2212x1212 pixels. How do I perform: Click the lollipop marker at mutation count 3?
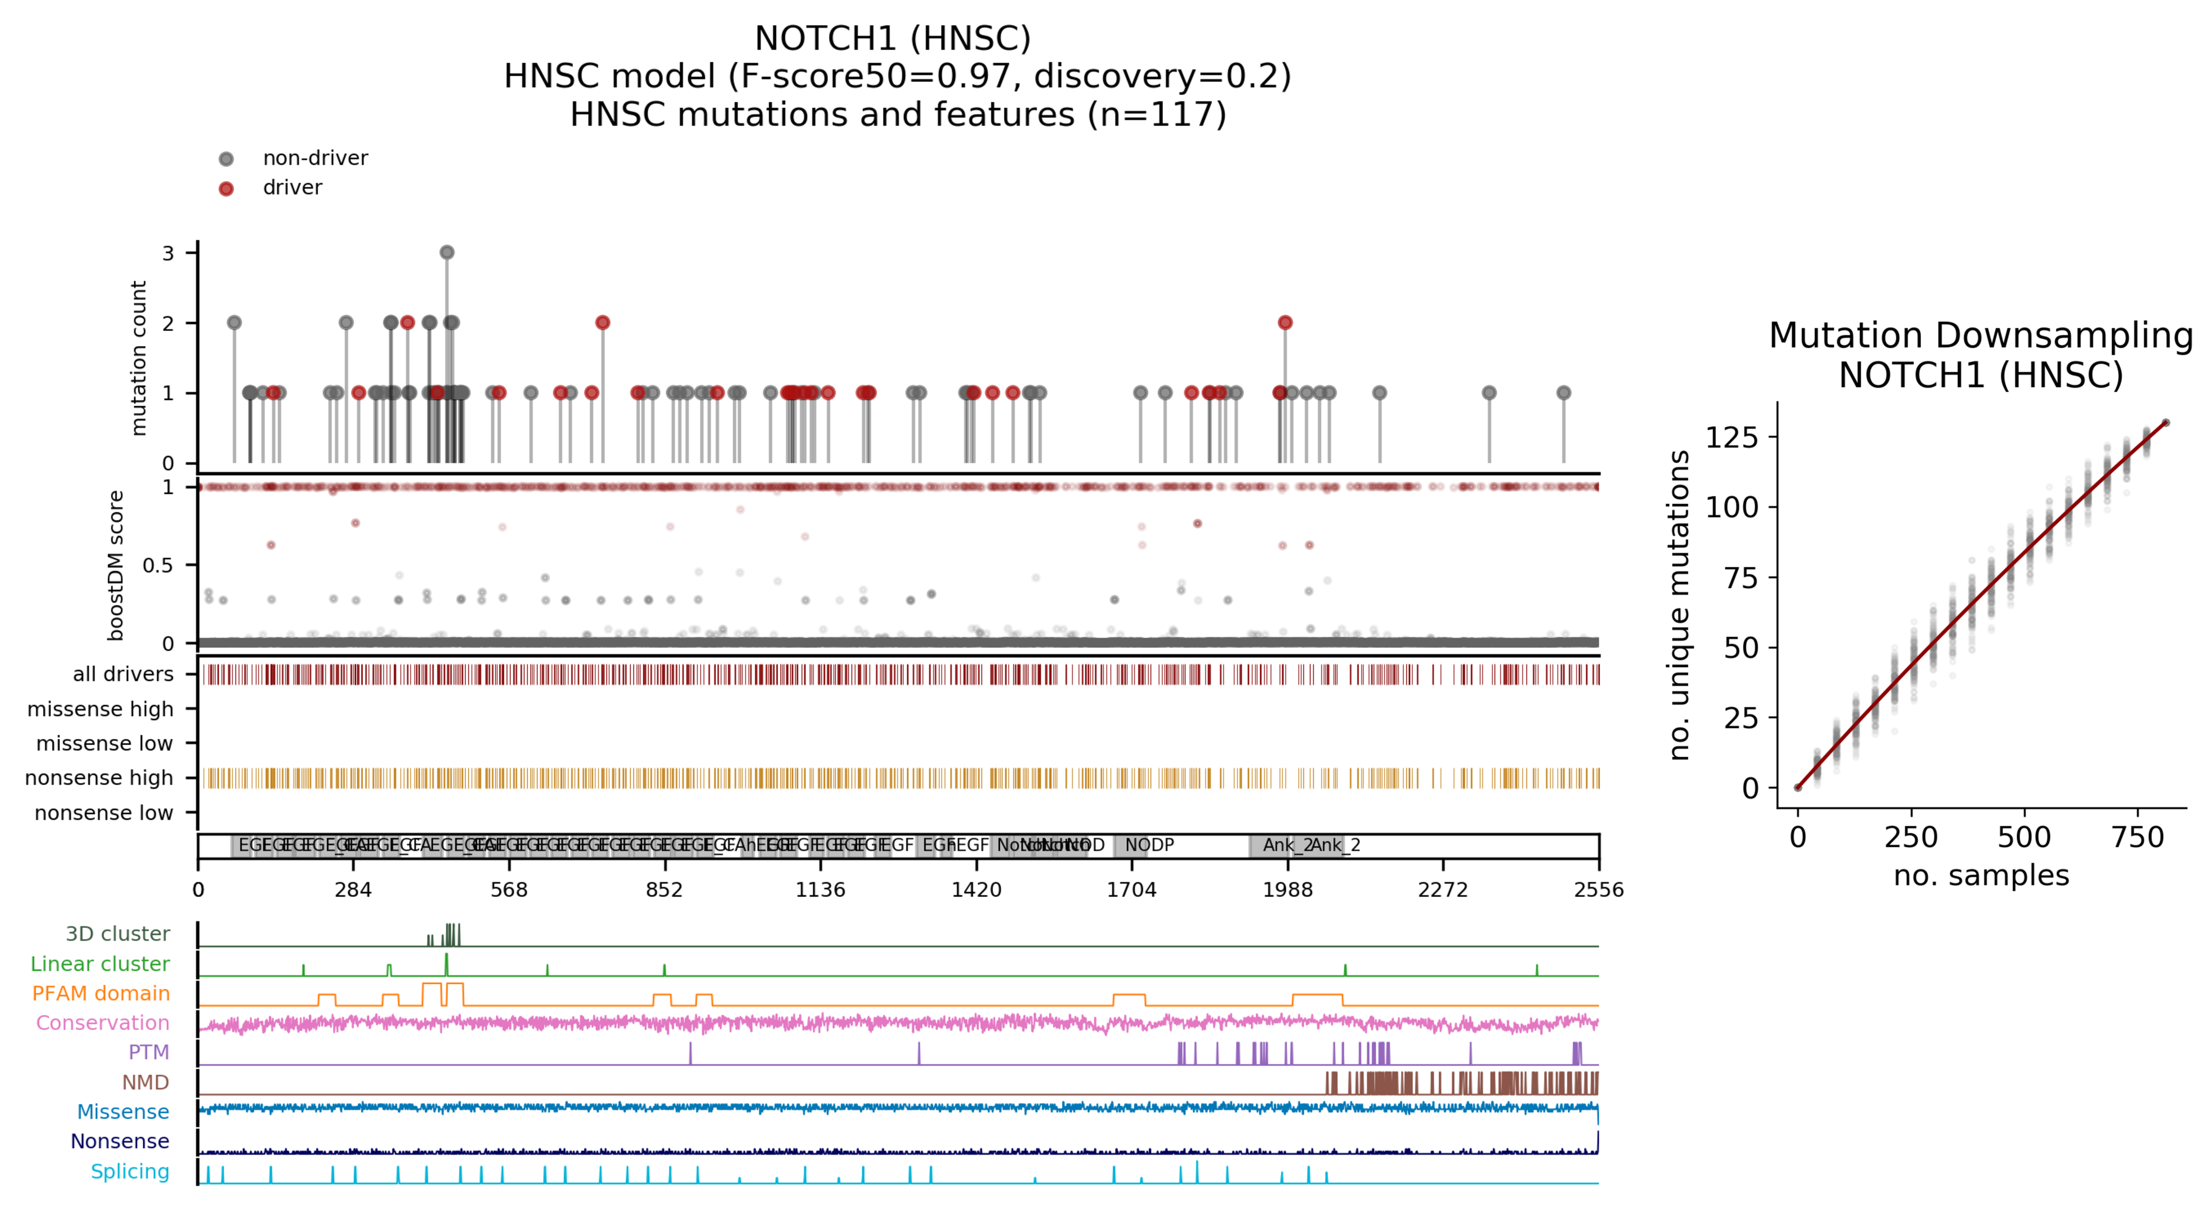[x=446, y=252]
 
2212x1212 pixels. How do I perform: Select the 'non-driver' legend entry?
[x=314, y=158]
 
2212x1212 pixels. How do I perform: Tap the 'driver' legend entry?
[x=292, y=187]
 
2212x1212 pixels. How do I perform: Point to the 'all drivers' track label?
[x=123, y=674]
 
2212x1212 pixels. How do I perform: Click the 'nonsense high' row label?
[x=99, y=777]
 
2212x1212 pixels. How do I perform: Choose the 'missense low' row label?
[x=104, y=743]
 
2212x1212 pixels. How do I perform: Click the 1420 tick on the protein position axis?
[x=976, y=889]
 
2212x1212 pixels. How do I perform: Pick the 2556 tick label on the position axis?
[x=1598, y=889]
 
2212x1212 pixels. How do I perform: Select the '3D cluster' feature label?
[x=118, y=934]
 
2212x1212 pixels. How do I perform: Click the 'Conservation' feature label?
[x=102, y=1023]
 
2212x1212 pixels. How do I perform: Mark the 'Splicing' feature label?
[x=130, y=1171]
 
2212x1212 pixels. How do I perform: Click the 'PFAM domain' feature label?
[x=100, y=993]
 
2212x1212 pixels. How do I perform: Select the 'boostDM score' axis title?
[x=116, y=565]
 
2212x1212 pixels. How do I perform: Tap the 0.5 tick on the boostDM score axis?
[x=157, y=565]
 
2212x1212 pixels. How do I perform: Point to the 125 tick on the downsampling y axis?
[x=1731, y=438]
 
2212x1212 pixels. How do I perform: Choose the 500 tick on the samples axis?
[x=2024, y=837]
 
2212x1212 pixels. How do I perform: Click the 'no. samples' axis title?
[x=1981, y=875]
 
